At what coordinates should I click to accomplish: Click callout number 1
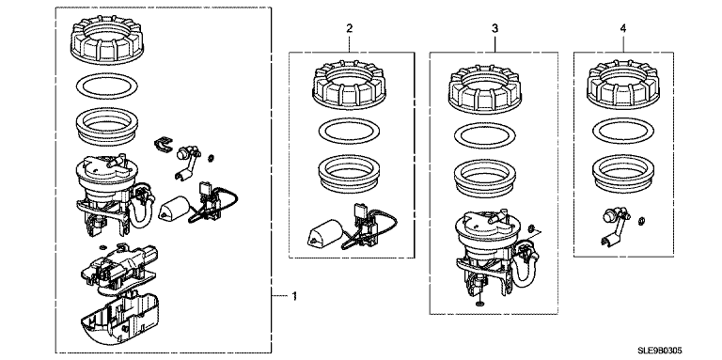pos(294,296)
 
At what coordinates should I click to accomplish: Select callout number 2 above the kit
pos(350,28)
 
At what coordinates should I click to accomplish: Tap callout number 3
pos(494,28)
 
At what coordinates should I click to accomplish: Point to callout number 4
pos(623,28)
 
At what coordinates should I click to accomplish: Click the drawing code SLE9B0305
pos(659,351)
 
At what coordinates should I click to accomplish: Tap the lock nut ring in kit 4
pos(623,84)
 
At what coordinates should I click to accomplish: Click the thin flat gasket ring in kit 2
pos(349,132)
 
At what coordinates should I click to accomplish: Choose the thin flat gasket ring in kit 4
pos(623,131)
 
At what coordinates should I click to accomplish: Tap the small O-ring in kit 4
pos(640,224)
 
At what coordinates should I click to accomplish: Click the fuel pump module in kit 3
pos(493,251)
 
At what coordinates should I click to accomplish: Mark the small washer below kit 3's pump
pos(480,305)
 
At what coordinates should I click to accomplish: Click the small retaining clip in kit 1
pos(162,144)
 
